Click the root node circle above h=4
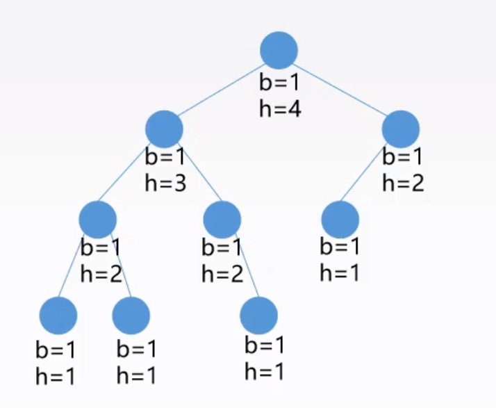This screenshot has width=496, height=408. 279,50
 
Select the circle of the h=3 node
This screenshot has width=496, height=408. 165,129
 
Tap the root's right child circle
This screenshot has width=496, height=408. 401,129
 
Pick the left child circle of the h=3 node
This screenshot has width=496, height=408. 97,219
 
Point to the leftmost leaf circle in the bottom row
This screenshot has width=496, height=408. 58,315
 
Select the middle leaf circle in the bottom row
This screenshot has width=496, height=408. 131,315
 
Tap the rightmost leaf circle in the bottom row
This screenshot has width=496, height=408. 259,316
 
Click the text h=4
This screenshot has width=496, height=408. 280,108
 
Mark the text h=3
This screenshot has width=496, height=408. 165,183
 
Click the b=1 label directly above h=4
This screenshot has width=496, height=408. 279,83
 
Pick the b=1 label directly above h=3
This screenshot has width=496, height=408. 165,157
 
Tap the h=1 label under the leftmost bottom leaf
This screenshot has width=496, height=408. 56,376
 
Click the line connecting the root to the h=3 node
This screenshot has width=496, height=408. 221,90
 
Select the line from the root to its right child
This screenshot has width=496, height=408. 340,90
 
